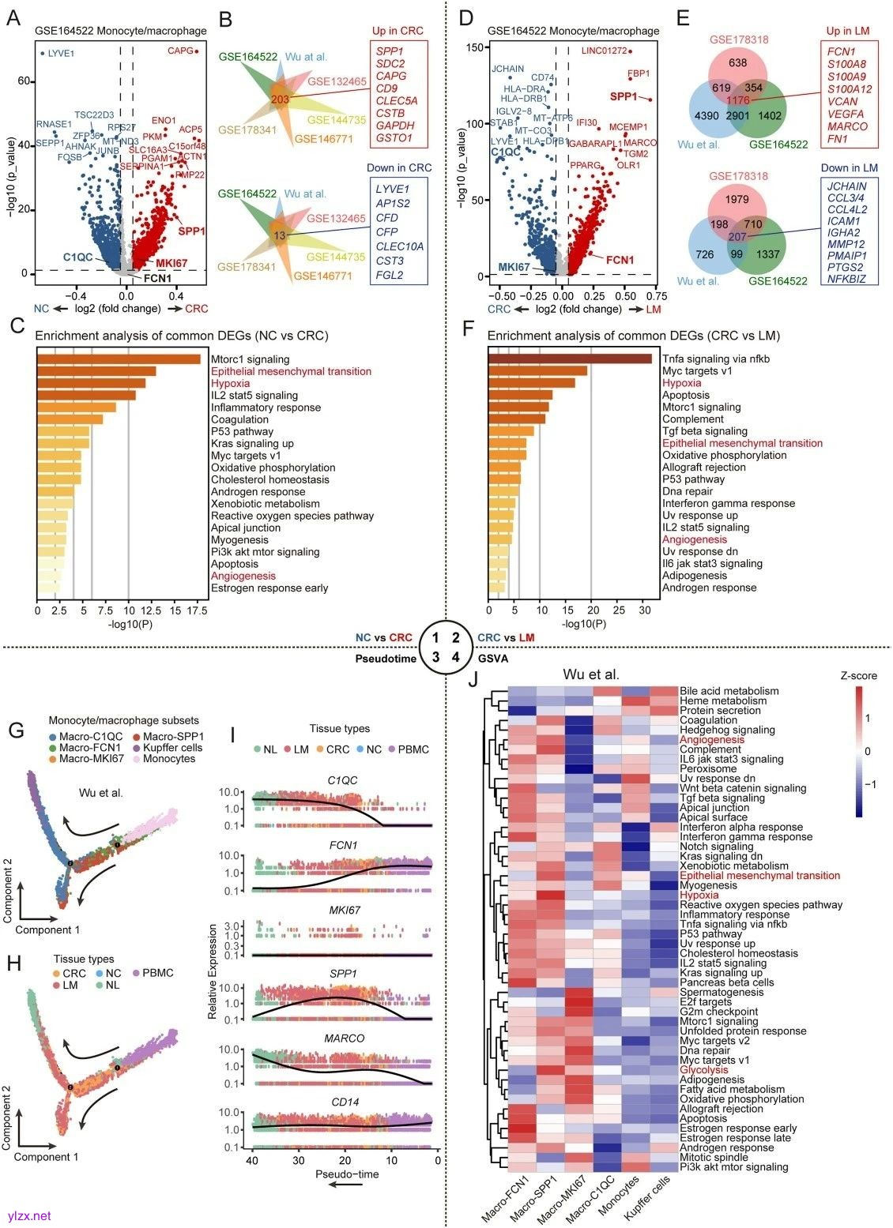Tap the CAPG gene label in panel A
click(x=180, y=51)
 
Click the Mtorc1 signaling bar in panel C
click(x=119, y=359)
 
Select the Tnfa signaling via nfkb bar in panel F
click(x=570, y=359)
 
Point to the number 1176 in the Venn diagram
click(x=737, y=100)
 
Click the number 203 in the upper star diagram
click(x=280, y=99)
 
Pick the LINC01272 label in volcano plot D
click(x=604, y=51)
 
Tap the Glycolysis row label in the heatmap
click(x=704, y=1070)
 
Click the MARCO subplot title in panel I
click(x=343, y=1039)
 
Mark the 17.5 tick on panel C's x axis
click(x=198, y=611)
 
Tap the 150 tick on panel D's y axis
click(x=473, y=47)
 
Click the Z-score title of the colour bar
click(x=858, y=676)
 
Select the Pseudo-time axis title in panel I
click(x=347, y=1174)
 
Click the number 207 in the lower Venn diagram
click(x=737, y=237)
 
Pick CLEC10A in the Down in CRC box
click(x=399, y=246)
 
